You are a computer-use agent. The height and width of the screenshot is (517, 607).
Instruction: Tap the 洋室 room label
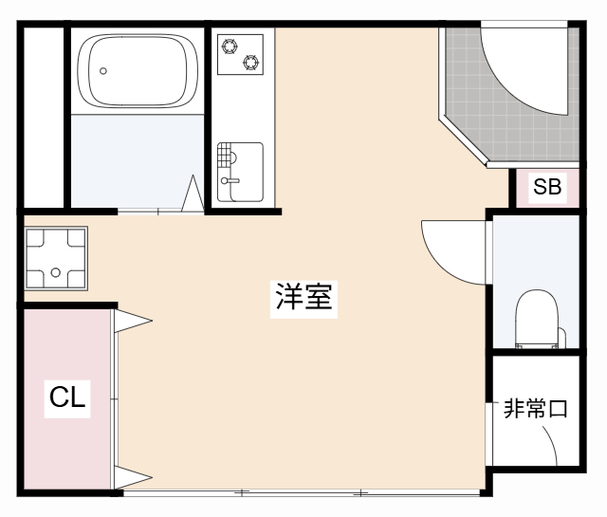click(303, 297)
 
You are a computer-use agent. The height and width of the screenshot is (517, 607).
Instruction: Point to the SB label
click(547, 188)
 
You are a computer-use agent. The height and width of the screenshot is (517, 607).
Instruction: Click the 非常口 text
click(536, 410)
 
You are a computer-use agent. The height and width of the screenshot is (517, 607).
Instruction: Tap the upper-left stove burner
click(229, 45)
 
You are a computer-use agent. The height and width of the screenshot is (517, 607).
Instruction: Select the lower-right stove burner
click(251, 63)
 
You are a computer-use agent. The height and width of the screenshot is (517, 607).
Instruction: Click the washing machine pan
click(56, 258)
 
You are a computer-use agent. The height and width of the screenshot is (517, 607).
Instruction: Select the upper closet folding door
click(131, 321)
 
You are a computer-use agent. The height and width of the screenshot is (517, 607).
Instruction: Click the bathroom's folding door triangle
click(193, 194)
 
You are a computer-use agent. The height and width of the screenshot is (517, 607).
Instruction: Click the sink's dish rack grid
click(226, 155)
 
